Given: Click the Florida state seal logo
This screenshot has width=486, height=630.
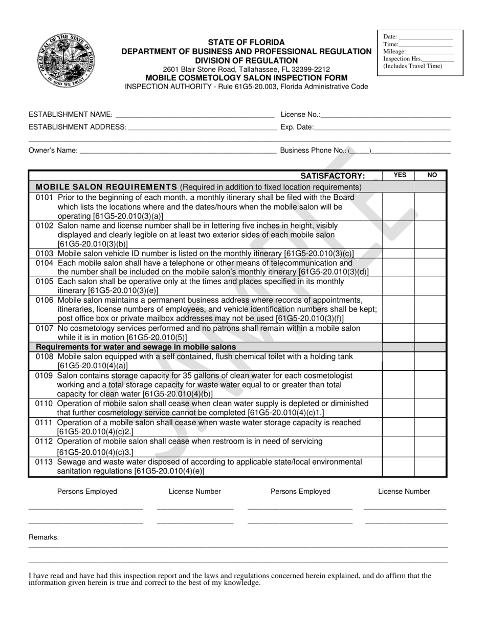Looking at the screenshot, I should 66,61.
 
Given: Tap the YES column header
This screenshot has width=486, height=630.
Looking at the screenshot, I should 400,175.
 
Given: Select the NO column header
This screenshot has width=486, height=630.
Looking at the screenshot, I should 432,175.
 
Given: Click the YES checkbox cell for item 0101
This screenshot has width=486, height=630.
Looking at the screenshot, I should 398,206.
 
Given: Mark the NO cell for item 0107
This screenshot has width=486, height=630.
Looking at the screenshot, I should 430,333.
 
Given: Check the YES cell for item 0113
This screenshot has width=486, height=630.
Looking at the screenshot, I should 398,467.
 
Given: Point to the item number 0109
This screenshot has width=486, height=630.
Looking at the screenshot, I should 45,375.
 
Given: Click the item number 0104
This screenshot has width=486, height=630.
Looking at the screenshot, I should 45,263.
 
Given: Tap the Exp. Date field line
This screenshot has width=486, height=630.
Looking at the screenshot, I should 382,127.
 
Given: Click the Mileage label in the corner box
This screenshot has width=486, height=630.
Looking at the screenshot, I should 394,52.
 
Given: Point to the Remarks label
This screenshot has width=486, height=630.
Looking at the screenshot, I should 43,537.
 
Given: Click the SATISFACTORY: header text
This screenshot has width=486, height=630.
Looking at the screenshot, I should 333,176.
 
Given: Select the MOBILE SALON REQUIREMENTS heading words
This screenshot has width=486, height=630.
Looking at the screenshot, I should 106,187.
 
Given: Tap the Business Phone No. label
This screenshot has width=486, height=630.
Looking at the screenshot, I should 313,151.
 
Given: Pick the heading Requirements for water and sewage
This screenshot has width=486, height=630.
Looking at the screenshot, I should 136,347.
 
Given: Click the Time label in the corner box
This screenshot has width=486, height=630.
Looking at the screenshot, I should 390,45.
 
